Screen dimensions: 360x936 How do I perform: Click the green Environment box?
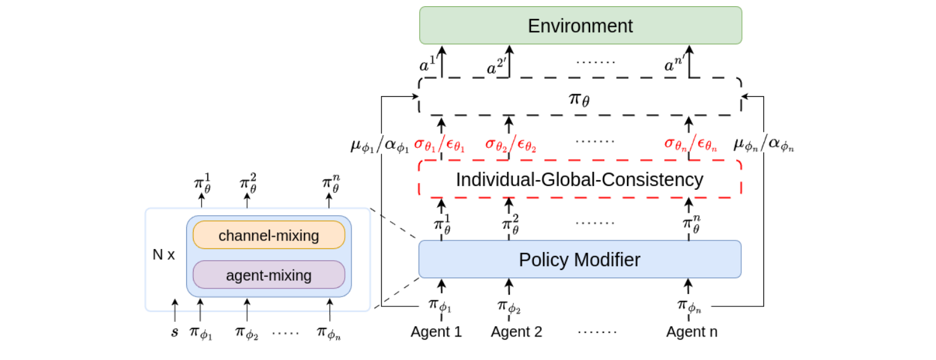pos(580,25)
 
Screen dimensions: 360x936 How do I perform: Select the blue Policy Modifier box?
pos(580,260)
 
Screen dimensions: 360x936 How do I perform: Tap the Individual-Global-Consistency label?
pos(580,179)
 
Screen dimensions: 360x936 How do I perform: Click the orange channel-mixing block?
pos(269,235)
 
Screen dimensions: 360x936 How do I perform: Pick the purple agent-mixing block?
pos(269,275)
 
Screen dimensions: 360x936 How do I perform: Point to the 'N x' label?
pos(164,255)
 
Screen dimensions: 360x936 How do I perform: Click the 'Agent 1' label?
pos(437,332)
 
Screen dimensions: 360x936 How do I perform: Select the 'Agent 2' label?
pos(517,332)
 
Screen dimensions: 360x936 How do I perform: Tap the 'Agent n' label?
pos(692,332)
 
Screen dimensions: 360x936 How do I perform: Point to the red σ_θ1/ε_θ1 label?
pos(439,145)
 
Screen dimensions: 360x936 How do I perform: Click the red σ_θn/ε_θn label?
pos(690,145)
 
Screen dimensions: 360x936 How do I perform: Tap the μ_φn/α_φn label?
pos(763,145)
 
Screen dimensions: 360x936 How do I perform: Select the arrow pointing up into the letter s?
pos(175,310)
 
